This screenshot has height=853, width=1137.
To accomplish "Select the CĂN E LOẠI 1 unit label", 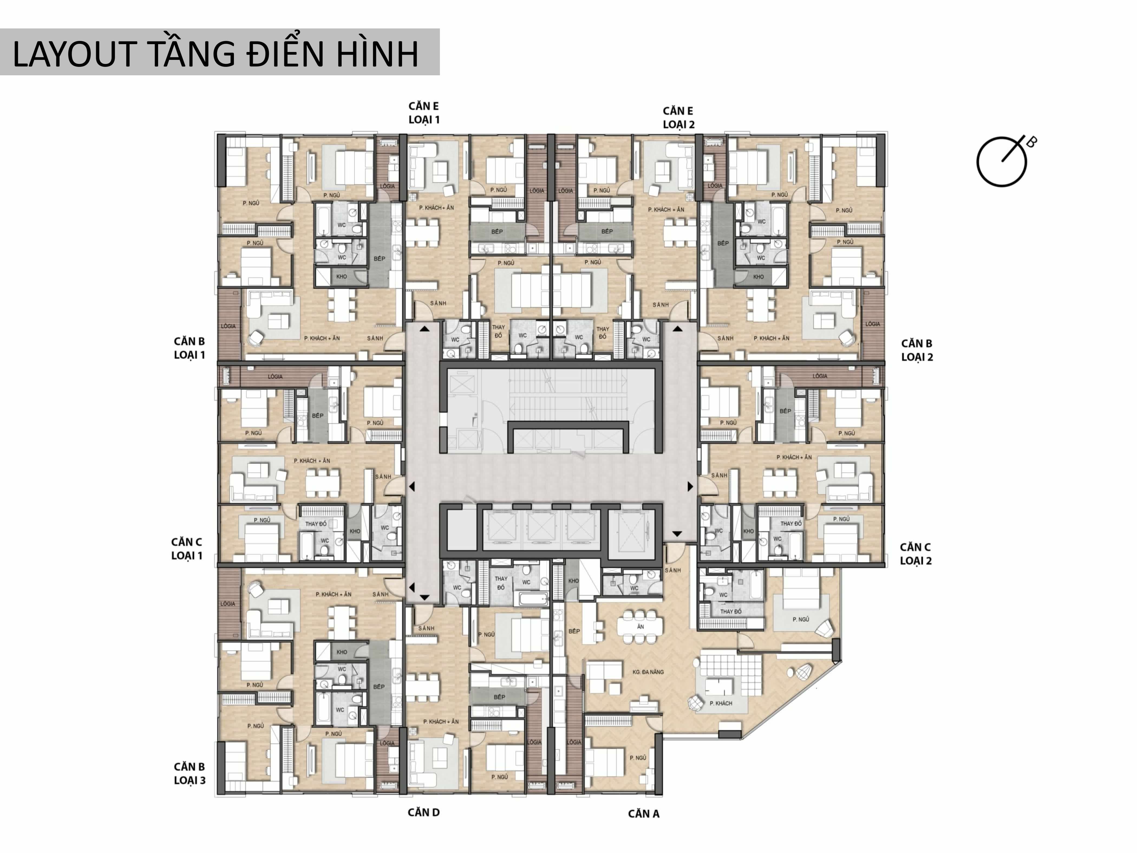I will tap(424, 113).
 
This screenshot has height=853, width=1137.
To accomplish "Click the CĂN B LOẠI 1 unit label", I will tap(189, 348).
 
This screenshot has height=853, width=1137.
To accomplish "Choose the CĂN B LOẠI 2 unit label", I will tap(916, 350).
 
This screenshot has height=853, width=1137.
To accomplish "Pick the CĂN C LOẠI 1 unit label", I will tap(187, 549).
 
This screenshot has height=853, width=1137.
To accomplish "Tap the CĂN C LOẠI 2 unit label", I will tap(915, 554).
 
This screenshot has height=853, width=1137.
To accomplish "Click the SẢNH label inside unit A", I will tap(672, 570).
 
